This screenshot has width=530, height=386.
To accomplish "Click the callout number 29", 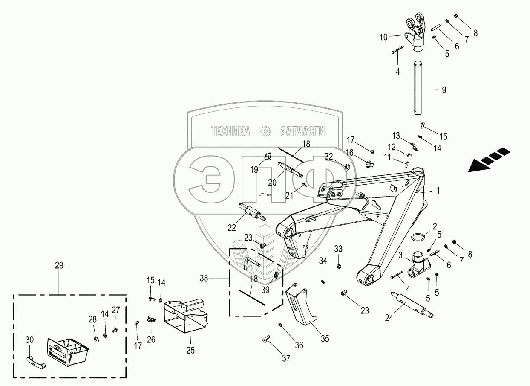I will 59,265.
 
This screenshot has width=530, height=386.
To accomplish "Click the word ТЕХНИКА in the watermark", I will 230,131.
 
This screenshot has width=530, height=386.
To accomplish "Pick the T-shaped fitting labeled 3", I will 417,267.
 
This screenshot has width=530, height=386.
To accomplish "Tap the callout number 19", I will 254,170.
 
